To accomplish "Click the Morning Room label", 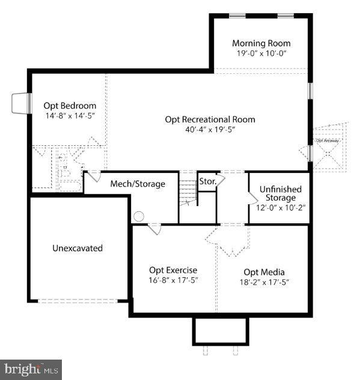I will [261, 43].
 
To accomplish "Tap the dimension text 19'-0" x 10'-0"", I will [261, 53].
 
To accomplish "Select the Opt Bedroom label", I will [70, 106].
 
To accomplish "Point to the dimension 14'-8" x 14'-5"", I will [70, 115].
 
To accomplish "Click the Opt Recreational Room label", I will [210, 119].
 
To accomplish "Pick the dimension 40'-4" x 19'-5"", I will [210, 129].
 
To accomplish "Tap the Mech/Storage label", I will [137, 184].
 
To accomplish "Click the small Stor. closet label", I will [208, 181].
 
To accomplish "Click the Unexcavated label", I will [77, 248].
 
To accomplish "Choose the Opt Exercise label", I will [173, 270].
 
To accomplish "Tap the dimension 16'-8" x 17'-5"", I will [173, 280].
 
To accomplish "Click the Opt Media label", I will [264, 272].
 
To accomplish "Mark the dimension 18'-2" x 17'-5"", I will [264, 282].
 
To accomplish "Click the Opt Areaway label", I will [328, 140].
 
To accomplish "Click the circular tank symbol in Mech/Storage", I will [139, 216].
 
